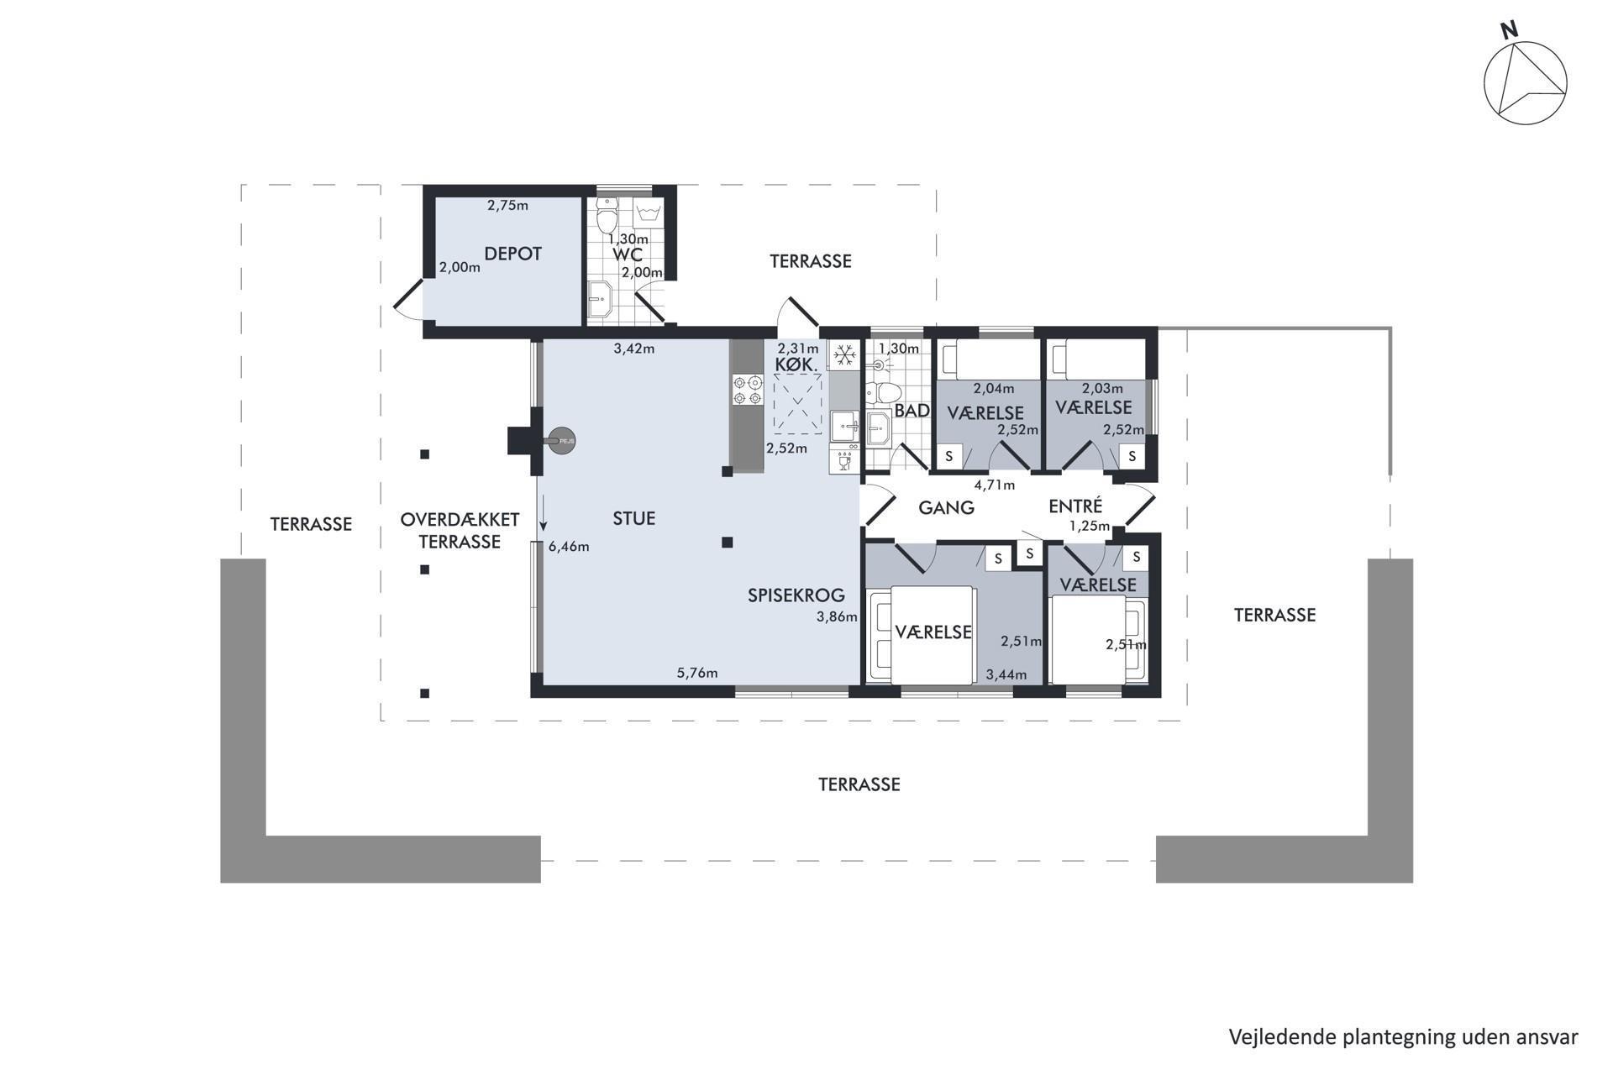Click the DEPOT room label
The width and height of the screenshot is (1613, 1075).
[512, 254]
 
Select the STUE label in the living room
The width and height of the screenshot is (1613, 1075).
[633, 519]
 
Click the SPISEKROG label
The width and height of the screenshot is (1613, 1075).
[796, 595]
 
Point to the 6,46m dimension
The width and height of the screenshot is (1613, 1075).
[569, 547]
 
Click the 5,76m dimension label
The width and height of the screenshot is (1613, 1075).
[697, 673]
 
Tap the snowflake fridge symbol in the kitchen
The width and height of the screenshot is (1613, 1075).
[844, 355]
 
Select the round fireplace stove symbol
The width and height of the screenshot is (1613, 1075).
[562, 440]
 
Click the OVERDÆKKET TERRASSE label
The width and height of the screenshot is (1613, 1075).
[460, 531]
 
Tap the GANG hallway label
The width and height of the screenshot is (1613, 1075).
[946, 508]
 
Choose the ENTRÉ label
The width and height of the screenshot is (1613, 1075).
[1075, 506]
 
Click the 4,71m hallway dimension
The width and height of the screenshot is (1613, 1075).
[995, 485]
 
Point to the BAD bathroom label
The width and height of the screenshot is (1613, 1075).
[912, 411]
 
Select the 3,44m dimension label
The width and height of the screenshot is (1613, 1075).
[1006, 674]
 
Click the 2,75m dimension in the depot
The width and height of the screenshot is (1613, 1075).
[507, 205]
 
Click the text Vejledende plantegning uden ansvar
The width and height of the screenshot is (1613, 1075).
[1403, 1037]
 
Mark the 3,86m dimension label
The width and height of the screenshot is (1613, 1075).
[837, 617]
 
